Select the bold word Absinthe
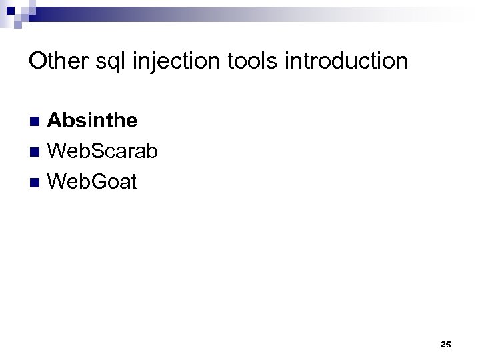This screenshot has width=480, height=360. click(93, 121)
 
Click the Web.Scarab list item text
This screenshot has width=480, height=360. click(103, 151)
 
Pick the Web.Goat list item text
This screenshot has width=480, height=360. click(93, 181)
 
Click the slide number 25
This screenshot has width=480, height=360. click(446, 344)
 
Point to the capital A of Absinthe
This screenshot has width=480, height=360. click(56, 121)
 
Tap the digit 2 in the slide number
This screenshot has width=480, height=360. click(443, 344)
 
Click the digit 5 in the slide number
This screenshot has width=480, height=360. click(449, 344)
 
